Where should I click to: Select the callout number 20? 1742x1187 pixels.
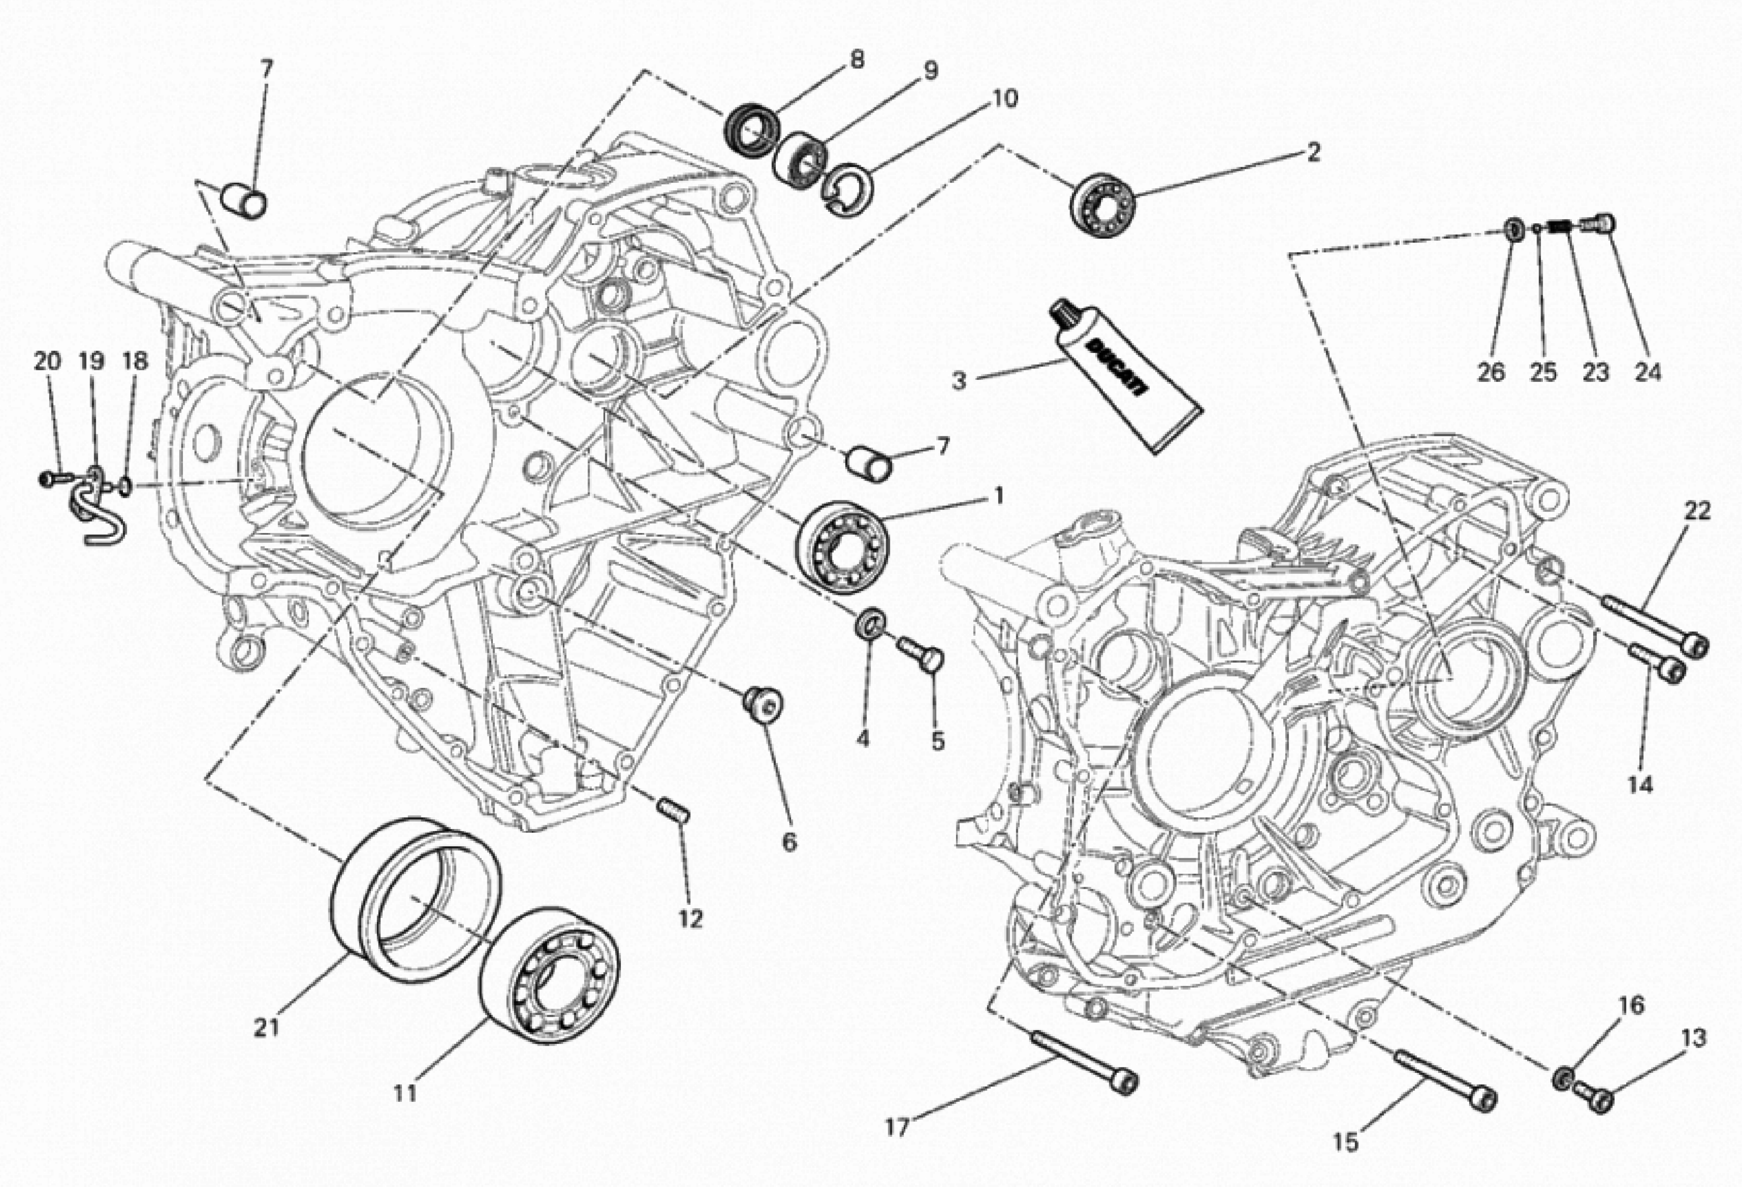(x=47, y=362)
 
